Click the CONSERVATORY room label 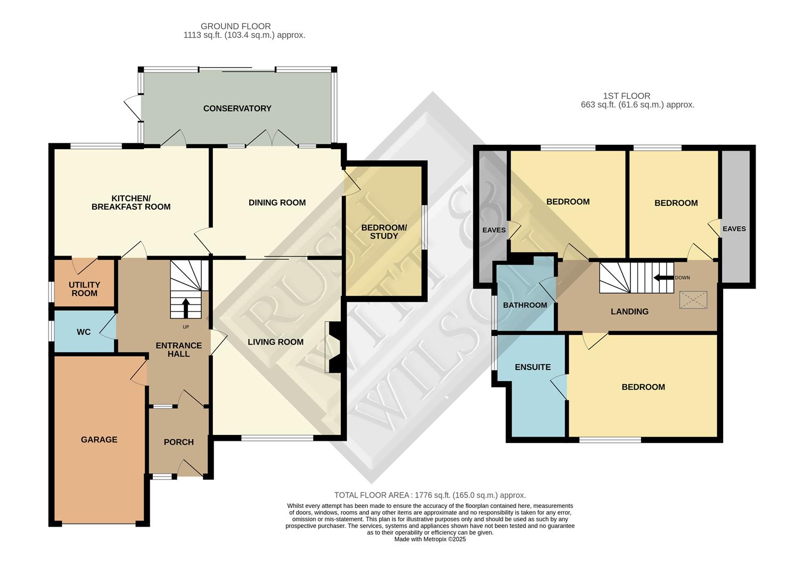pyautogui.click(x=237, y=109)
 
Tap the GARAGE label pyautogui.click(x=99, y=440)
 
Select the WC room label pyautogui.click(x=84, y=332)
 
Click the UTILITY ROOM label pyautogui.click(x=84, y=289)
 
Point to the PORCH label pyautogui.click(x=178, y=442)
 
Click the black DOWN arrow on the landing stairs pyautogui.click(x=663, y=277)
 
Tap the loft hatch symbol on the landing pyautogui.click(x=693, y=300)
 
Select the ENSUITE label pyautogui.click(x=532, y=367)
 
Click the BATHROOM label pyautogui.click(x=525, y=305)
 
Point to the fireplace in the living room pyautogui.click(x=334, y=347)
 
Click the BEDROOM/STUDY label pyautogui.click(x=384, y=232)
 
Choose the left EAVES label pyautogui.click(x=494, y=230)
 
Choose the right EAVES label pyautogui.click(x=734, y=228)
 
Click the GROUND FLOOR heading pyautogui.click(x=235, y=26)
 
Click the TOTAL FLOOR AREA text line pyautogui.click(x=430, y=495)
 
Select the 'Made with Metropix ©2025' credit pyautogui.click(x=430, y=539)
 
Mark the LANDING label pyautogui.click(x=629, y=311)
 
